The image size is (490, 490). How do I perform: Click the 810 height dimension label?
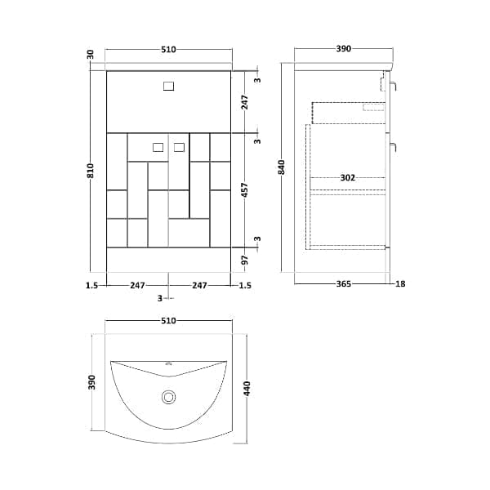point(91,171)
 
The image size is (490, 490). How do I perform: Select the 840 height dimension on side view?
point(282,167)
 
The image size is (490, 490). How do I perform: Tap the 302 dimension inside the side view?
point(348,178)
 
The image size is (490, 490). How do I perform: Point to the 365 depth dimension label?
point(344,283)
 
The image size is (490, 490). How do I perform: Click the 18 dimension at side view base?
point(400,283)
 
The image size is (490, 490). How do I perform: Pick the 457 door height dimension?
point(245,190)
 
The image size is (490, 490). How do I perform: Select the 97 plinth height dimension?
point(245,260)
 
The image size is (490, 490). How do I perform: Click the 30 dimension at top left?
point(91,55)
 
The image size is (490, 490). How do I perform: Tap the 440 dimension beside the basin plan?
point(247,389)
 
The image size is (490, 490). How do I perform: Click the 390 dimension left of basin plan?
point(91,382)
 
